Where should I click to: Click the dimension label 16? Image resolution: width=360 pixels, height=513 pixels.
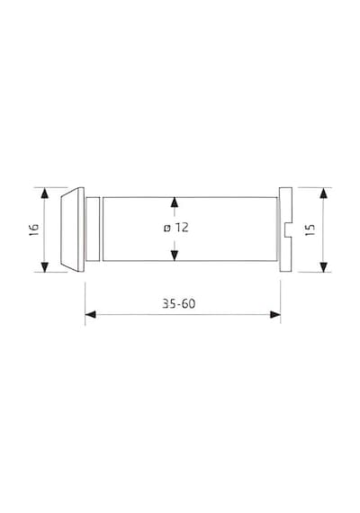(34, 230)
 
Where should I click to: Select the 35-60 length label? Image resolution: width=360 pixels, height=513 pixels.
(179, 304)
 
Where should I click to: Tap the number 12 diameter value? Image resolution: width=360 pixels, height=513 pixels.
(181, 228)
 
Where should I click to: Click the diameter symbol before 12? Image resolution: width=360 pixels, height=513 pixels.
(167, 228)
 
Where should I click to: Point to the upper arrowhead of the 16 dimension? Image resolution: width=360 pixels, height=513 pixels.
(45, 193)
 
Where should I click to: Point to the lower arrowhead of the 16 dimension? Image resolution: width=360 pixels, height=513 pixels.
(45, 266)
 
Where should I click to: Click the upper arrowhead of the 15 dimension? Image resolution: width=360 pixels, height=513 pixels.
(323, 193)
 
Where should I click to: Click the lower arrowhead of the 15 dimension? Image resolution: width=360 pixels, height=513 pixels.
(323, 266)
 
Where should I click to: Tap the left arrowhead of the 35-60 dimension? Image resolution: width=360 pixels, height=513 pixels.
(91, 315)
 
